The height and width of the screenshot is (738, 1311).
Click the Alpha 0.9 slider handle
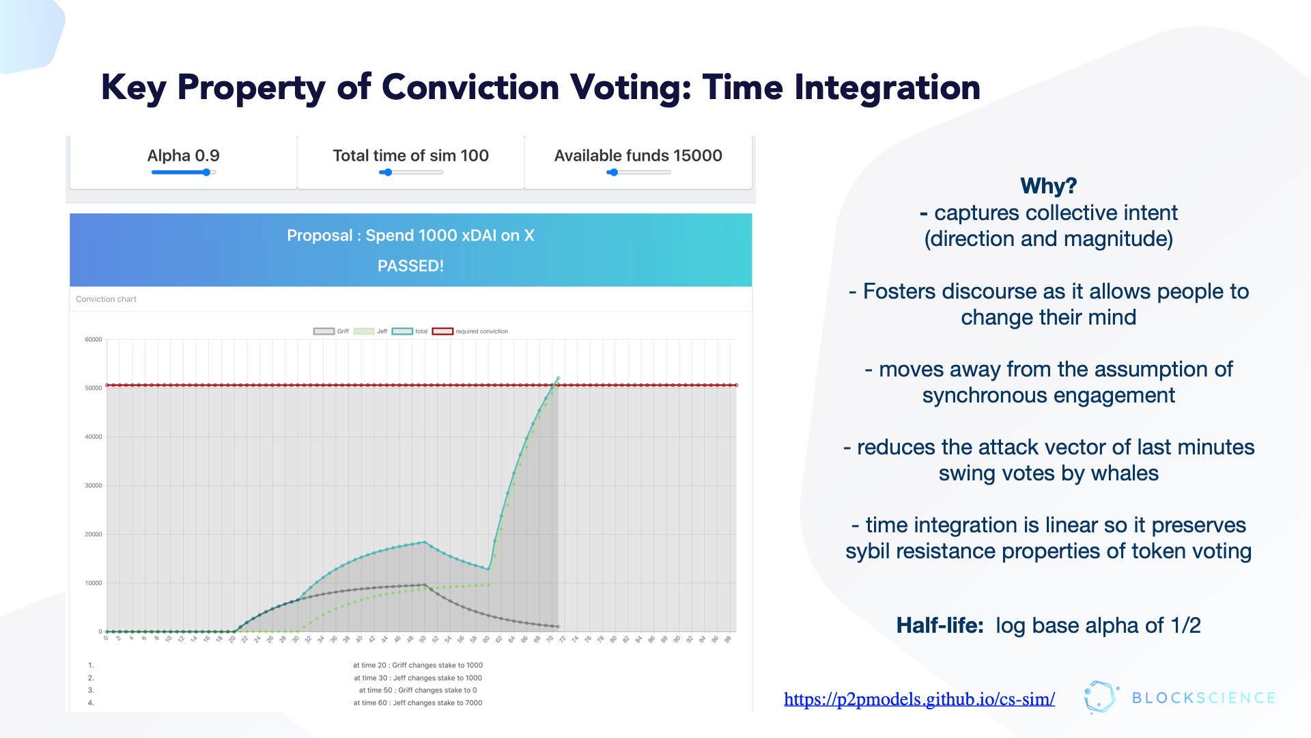(206, 172)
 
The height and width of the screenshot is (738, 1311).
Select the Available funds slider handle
(614, 172)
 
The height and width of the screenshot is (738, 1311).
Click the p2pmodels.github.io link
(919, 699)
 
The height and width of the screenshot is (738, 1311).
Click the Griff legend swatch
(324, 331)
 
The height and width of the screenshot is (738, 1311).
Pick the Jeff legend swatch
(363, 331)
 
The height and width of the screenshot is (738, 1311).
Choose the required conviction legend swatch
(442, 331)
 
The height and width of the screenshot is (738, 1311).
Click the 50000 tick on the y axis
(94, 388)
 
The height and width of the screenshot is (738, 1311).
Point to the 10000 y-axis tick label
(94, 584)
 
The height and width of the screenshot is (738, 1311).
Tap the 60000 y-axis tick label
(94, 340)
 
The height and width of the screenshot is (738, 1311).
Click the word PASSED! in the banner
(410, 266)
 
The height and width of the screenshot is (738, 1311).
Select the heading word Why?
(1048, 186)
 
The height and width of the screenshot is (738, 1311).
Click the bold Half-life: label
(940, 625)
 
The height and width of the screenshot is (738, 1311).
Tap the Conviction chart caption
(106, 299)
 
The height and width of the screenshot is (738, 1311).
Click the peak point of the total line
(558, 378)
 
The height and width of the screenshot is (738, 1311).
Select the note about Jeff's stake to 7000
(418, 702)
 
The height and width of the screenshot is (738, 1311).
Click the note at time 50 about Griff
(418, 690)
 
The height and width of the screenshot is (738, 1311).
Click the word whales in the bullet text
(1125, 473)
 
